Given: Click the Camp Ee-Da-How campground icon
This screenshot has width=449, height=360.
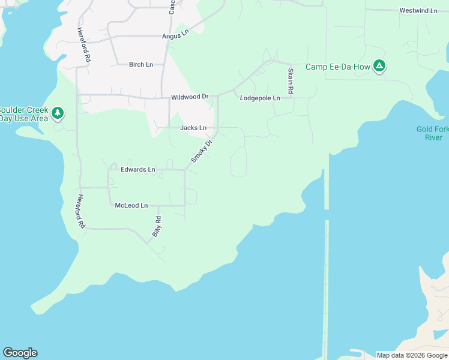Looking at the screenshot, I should tap(379, 66).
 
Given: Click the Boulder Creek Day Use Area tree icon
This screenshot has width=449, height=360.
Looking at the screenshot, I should tap(57, 113).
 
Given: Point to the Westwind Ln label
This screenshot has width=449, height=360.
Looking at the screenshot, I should tap(418, 11).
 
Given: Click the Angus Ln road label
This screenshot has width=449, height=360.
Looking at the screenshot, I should tap(175, 36).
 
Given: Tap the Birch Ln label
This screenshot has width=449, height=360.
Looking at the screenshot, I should tap(141, 64).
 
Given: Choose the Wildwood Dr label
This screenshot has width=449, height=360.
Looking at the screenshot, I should tap(189, 97).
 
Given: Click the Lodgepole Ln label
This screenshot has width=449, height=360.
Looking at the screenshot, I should tap(260, 98).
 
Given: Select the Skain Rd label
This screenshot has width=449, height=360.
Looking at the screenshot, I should tap(291, 80).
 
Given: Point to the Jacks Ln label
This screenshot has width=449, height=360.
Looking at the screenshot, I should tap(193, 128).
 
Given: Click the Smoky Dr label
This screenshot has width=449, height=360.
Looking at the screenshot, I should tap(202, 151).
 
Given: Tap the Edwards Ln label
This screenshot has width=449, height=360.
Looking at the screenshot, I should tap(137, 170).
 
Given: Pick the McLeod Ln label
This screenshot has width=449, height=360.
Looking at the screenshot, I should tap(131, 206).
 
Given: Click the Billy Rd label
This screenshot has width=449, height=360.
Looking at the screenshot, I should tap(156, 227).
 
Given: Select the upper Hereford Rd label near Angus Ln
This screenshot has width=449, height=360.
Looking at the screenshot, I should tap(83, 45).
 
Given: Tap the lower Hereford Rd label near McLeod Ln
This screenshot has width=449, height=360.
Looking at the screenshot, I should tap(80, 211).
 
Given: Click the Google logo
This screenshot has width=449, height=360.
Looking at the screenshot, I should tap(20, 353).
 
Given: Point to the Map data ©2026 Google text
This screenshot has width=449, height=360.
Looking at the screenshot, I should tap(412, 355).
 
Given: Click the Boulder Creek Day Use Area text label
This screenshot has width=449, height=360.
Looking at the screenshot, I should tap(23, 114).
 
